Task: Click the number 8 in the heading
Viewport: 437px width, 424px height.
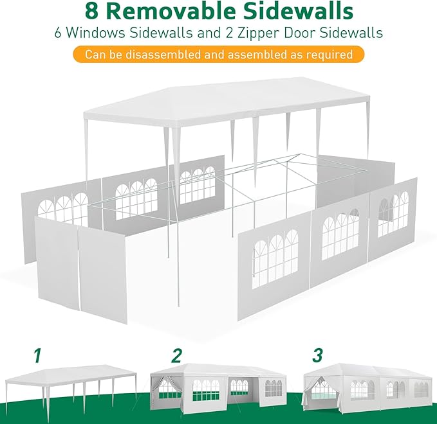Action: coord(92,11)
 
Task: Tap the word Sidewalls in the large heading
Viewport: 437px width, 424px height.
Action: coord(298,11)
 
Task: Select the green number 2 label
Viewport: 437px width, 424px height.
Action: coord(177,355)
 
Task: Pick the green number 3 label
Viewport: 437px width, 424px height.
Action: coord(318,355)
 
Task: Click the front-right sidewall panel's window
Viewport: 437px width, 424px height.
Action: coord(275,259)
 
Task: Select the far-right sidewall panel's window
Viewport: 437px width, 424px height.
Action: coord(393,214)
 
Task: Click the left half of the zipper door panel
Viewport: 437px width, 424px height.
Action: coord(57,263)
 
